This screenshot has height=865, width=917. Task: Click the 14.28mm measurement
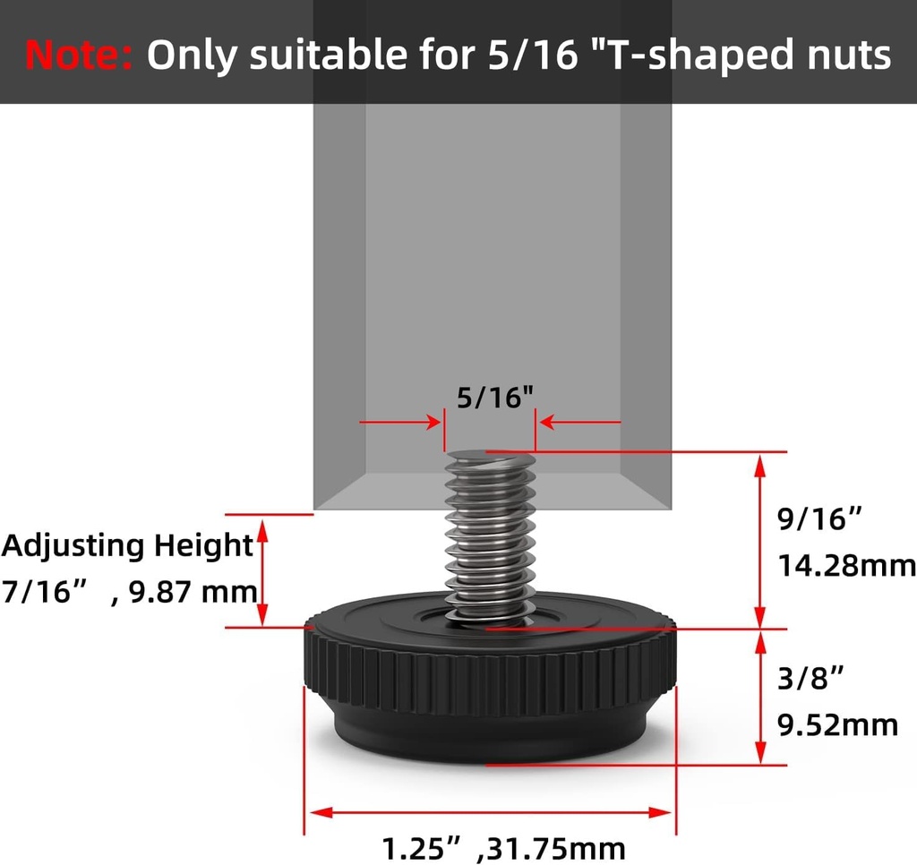tap(845, 566)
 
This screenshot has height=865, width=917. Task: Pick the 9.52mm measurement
tap(837, 724)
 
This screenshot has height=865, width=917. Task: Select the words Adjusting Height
tap(127, 545)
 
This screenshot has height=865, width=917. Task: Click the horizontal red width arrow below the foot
tap(491, 812)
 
